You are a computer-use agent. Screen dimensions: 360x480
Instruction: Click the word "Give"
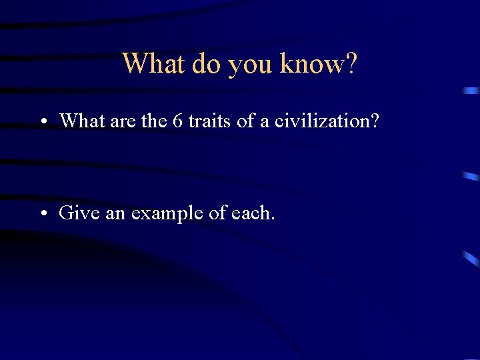(76, 213)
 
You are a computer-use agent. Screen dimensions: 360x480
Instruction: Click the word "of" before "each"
(214, 213)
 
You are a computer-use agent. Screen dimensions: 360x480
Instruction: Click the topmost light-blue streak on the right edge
(471, 90)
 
